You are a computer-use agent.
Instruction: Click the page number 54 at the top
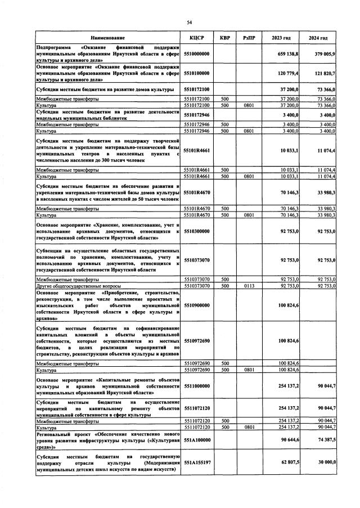pos(190,22)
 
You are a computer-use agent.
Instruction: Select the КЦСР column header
pos(196,38)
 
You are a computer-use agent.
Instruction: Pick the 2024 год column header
pos(318,38)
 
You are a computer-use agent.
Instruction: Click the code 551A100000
pos(196,439)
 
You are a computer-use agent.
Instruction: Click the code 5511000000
pos(196,386)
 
